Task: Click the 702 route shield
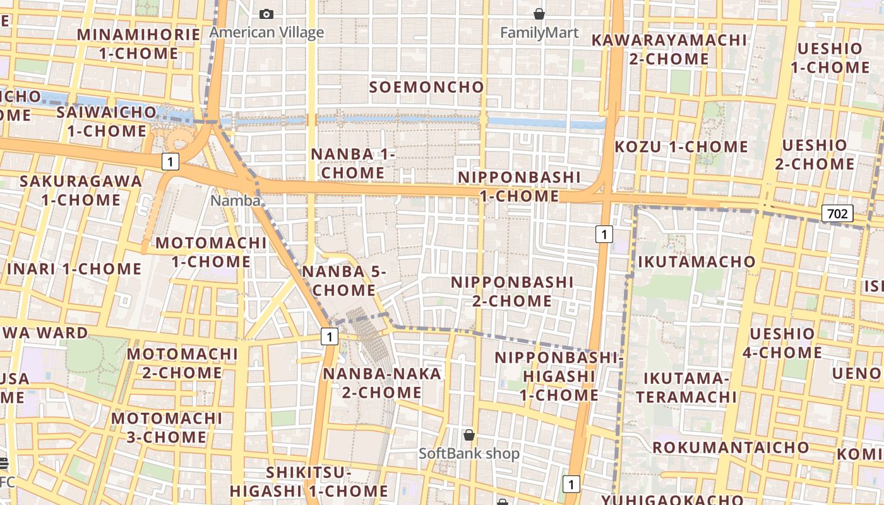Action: [x=837, y=213]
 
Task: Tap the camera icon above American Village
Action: [x=266, y=14]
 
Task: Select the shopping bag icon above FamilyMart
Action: [x=539, y=14]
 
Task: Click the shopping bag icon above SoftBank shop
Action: [x=469, y=435]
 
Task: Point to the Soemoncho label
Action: [x=427, y=87]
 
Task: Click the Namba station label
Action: [x=236, y=201]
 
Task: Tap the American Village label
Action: [x=266, y=33]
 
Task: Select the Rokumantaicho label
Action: [x=731, y=448]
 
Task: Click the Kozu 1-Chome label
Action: [x=681, y=147]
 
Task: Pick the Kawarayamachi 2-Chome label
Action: [x=669, y=49]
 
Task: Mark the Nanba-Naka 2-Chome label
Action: [x=382, y=383]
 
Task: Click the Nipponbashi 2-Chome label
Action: [x=512, y=291]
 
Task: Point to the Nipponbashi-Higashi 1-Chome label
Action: [x=559, y=376]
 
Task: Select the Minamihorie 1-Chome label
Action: [x=139, y=44]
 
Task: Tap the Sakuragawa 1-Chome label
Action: [x=81, y=190]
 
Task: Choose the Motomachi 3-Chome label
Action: [x=167, y=427]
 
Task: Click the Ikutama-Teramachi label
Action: [x=686, y=388]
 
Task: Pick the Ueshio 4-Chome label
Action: [x=782, y=343]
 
